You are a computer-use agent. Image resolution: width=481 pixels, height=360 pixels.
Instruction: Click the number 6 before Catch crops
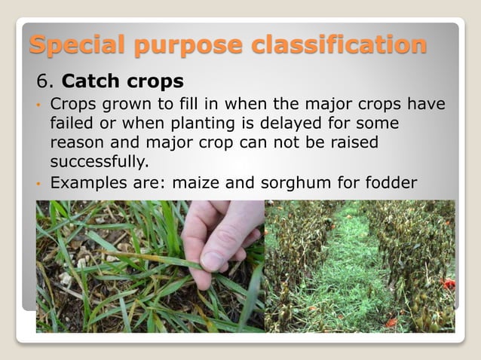pyautogui.click(x=41, y=80)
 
